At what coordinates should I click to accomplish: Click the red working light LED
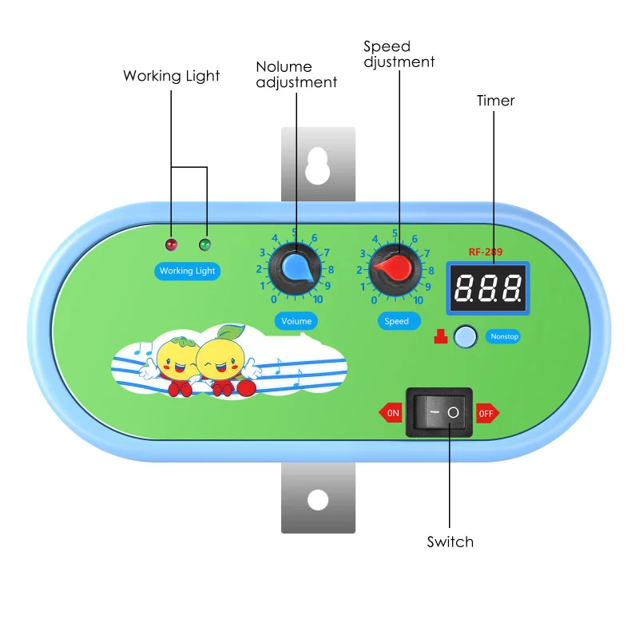[x=170, y=244]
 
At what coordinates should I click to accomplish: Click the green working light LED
[x=205, y=244]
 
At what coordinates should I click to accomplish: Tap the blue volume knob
[x=296, y=267]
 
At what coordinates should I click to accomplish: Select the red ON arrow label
[x=391, y=414]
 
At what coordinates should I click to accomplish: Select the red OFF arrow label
[x=487, y=414]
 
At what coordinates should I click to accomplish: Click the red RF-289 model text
[x=486, y=252]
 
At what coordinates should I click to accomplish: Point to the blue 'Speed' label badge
[x=396, y=321]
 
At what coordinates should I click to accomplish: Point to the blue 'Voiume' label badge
[x=296, y=321]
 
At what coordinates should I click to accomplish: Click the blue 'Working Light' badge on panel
[x=187, y=271]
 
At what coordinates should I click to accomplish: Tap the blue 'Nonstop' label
[x=504, y=336]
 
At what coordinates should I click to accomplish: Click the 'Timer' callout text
[x=496, y=101]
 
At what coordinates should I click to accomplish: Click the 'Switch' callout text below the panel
[x=450, y=542]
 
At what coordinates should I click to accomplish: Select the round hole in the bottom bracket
[x=318, y=500]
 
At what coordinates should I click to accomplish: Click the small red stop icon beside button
[x=439, y=337]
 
